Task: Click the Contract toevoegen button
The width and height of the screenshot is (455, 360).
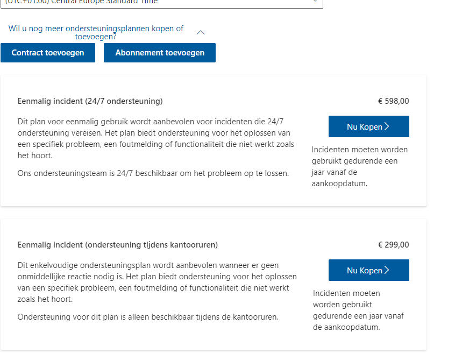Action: click(x=48, y=53)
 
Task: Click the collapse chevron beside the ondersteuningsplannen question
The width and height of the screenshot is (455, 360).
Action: click(x=201, y=32)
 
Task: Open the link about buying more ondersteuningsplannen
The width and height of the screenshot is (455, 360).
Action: click(x=96, y=33)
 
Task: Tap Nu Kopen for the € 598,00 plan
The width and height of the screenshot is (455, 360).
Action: click(x=368, y=126)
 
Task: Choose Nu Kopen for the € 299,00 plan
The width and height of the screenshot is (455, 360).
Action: click(x=368, y=270)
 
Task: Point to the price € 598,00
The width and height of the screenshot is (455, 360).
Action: click(x=393, y=101)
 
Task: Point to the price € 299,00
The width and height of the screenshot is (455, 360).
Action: click(x=393, y=245)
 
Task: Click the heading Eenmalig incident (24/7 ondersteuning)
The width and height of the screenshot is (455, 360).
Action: click(x=90, y=101)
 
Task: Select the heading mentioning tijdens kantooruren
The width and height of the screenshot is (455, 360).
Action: click(x=118, y=245)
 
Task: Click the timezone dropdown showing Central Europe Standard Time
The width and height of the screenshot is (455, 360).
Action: click(x=161, y=2)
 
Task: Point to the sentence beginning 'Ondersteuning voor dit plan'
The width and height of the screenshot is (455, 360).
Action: click(x=148, y=317)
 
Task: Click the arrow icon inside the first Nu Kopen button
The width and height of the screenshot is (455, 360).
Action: click(x=387, y=126)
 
